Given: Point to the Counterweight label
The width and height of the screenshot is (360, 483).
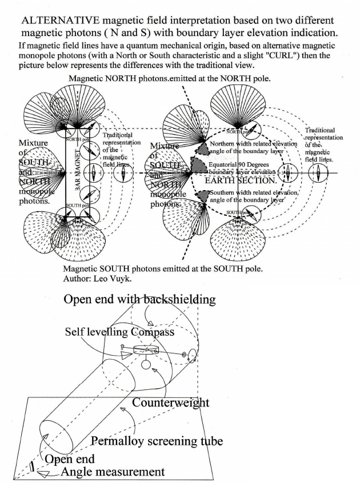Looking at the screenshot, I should click(171, 403).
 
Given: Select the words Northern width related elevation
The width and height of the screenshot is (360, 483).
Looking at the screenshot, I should click(253, 144).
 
